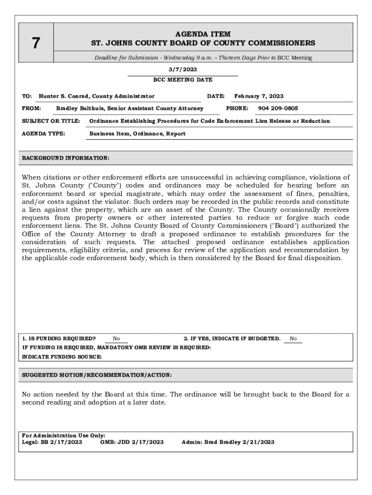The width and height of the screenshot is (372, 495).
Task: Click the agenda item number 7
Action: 36,44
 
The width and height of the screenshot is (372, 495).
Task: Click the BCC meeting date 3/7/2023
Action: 183,70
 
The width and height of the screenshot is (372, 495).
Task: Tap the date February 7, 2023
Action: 258,96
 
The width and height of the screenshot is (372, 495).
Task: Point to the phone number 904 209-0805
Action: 278,109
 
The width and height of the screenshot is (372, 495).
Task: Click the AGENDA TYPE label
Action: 43,133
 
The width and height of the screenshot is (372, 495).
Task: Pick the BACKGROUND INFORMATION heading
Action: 66,158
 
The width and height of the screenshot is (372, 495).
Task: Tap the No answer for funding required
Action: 116,339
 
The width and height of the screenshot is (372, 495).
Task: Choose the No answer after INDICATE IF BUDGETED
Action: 293,339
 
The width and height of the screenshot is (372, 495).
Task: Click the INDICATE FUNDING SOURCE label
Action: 62,357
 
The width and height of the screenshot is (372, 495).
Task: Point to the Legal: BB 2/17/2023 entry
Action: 52,442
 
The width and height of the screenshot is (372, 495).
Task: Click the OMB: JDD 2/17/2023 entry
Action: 131,442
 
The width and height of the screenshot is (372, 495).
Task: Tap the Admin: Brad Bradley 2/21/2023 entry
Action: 228,442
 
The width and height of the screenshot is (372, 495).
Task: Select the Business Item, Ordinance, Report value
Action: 137,133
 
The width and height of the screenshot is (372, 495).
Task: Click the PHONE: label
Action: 237,109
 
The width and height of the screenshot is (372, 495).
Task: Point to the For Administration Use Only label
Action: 64,436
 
